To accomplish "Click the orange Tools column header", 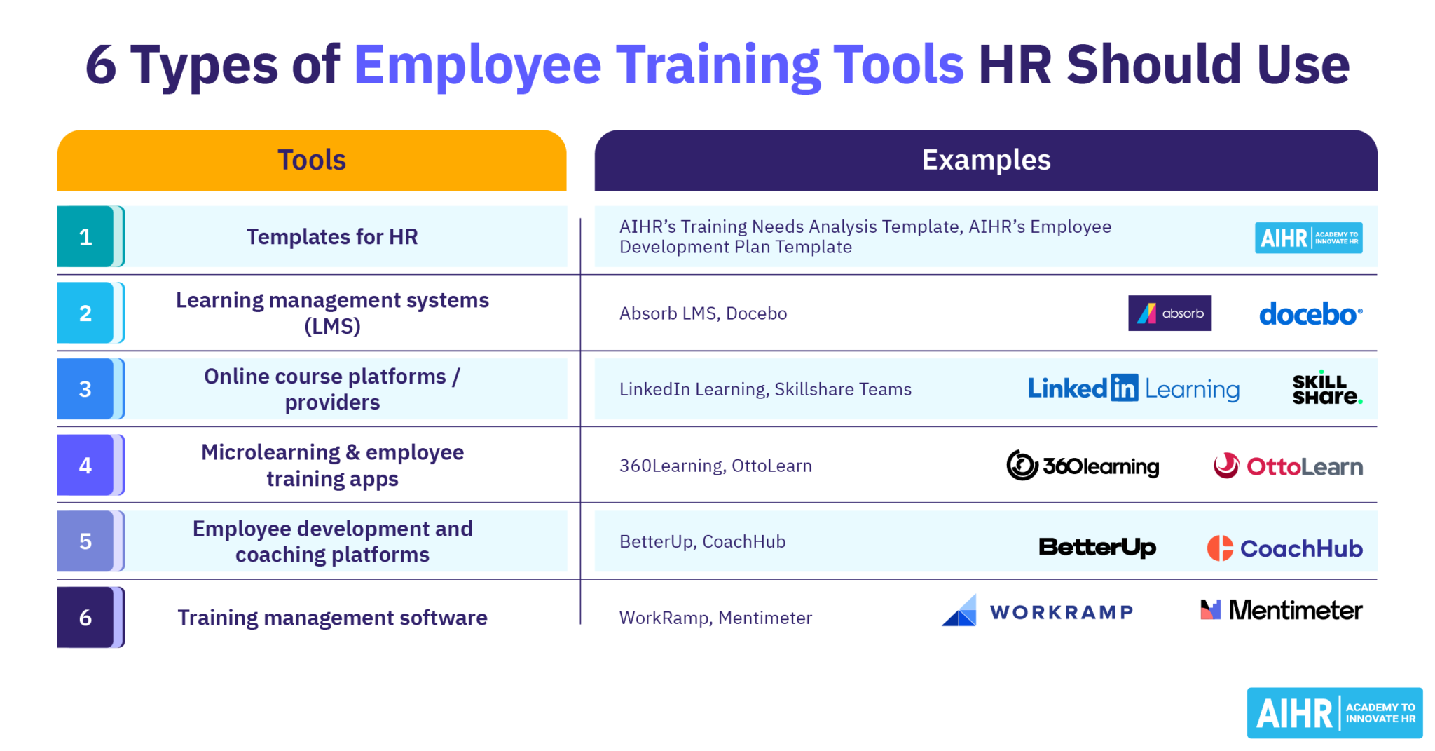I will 312,160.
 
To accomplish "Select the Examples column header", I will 985,160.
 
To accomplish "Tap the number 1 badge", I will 85,237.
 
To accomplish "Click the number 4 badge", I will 85,465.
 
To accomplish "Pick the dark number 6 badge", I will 85,617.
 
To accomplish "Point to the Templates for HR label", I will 332,237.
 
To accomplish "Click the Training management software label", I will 332,618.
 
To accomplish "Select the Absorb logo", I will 1169,313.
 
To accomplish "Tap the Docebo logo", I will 1310,314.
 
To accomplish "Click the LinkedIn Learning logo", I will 1133,388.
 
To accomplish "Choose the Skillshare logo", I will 1326,389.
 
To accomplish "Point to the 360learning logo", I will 1083,466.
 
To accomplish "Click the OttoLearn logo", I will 1288,466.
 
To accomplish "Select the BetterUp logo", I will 1097,547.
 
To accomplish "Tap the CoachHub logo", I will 1284,548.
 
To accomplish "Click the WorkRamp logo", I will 1037,611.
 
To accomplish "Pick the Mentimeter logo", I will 1281,610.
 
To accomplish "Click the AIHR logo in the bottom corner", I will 1334,713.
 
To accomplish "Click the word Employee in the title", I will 477,65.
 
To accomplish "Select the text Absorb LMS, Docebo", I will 703,313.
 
